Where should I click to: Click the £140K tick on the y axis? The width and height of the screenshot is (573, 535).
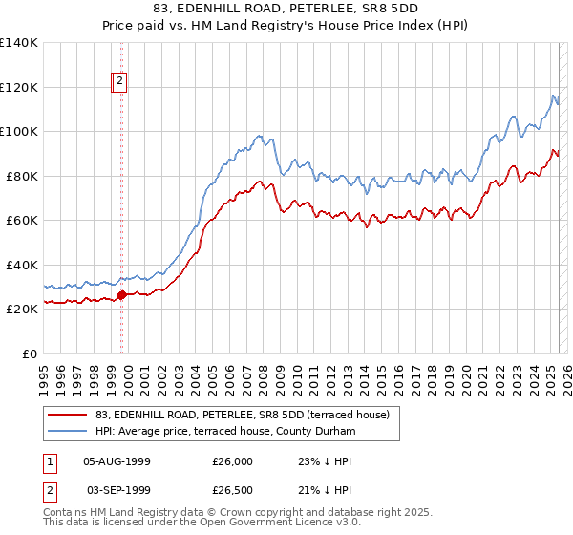(x=18, y=43)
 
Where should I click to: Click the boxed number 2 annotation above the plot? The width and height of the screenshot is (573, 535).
(x=120, y=82)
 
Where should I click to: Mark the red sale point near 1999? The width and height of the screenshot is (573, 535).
(x=121, y=295)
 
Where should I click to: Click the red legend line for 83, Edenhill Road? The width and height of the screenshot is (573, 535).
(x=66, y=415)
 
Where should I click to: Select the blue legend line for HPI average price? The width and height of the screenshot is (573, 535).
(x=66, y=432)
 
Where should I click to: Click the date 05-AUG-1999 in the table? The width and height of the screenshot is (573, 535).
(x=117, y=461)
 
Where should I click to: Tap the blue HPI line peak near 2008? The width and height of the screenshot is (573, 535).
(x=259, y=136)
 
